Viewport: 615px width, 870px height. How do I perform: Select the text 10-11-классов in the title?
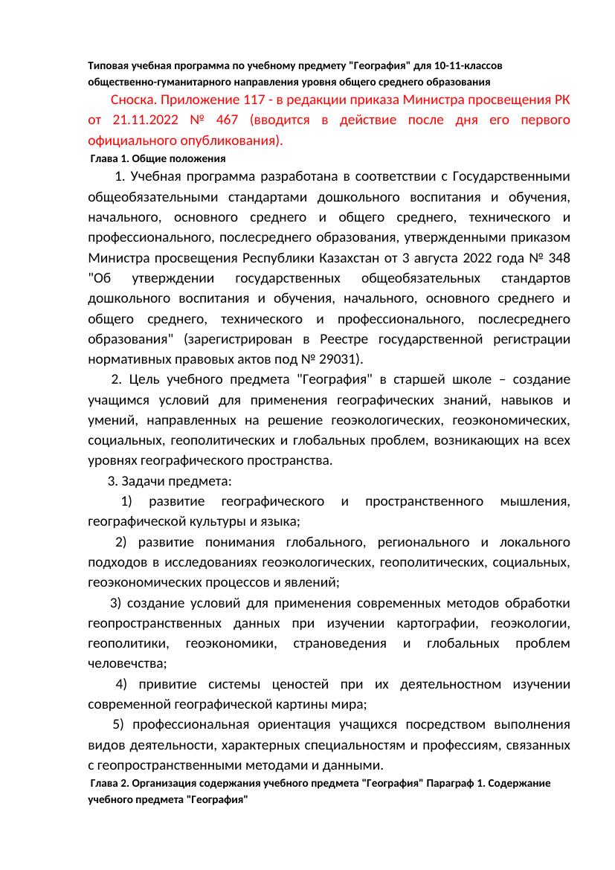pyautogui.click(x=467, y=66)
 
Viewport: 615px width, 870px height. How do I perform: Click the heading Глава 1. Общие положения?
pyautogui.click(x=157, y=159)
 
